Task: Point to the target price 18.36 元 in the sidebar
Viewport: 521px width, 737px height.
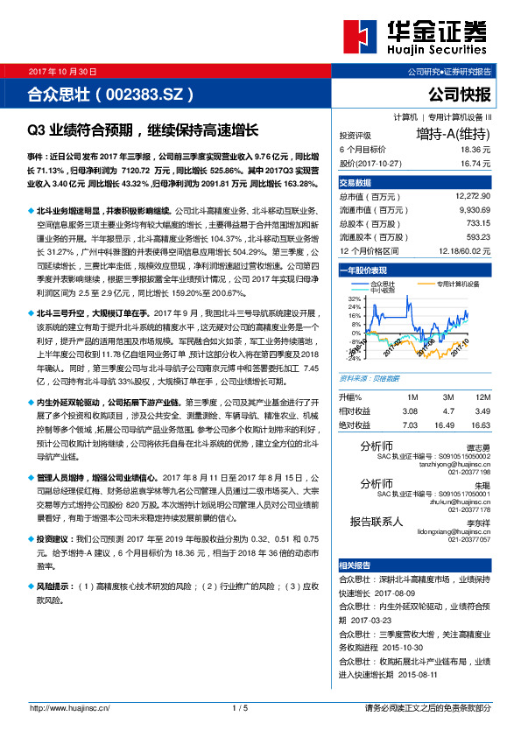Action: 472,151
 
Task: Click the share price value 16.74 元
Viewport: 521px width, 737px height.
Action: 472,163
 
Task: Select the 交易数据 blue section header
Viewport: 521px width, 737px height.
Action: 356,183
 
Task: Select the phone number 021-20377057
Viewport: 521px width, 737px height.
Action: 471,540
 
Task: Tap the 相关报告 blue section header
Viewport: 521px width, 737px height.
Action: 356,565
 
